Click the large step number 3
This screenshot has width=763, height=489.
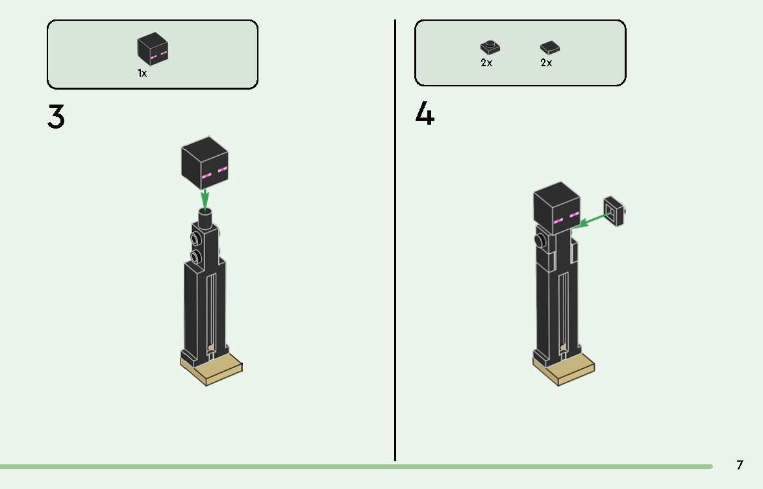click(x=56, y=117)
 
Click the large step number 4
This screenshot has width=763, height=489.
click(x=425, y=115)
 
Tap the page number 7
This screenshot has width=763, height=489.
click(x=740, y=465)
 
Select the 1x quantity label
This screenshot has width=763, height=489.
click(x=142, y=73)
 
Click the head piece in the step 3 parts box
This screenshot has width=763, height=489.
click(x=153, y=49)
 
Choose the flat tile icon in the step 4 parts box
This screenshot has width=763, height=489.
click(x=549, y=47)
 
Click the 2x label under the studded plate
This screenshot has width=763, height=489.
click(x=486, y=63)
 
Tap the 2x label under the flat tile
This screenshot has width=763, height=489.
click(x=546, y=63)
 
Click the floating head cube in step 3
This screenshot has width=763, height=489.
click(x=205, y=163)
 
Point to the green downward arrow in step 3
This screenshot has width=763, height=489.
click(x=205, y=198)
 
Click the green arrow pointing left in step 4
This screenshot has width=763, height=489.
click(x=591, y=219)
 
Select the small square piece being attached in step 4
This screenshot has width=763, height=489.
click(x=614, y=210)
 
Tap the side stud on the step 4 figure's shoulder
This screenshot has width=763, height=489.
click(x=539, y=242)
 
